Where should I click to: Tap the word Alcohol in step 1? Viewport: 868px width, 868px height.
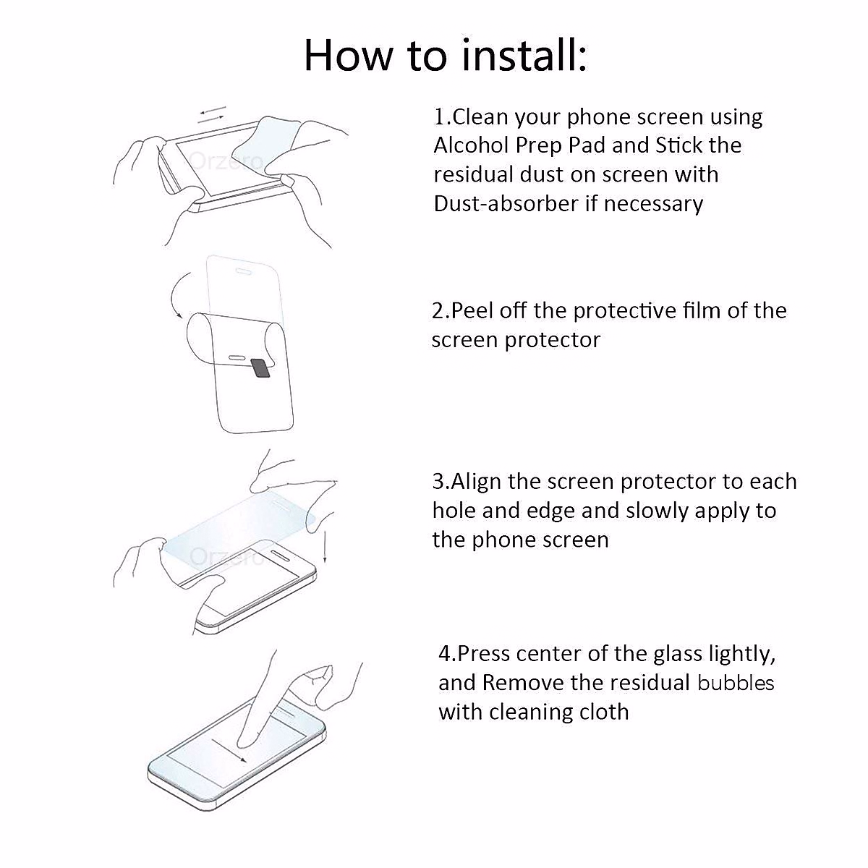[472, 145]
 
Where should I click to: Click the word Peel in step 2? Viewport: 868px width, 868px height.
[474, 311]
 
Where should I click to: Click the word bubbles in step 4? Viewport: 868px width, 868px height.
[736, 683]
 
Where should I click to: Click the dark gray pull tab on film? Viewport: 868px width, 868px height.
[260, 367]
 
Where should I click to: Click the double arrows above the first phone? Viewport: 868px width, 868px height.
[213, 114]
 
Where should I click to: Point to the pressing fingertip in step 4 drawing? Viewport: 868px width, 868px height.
[248, 738]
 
